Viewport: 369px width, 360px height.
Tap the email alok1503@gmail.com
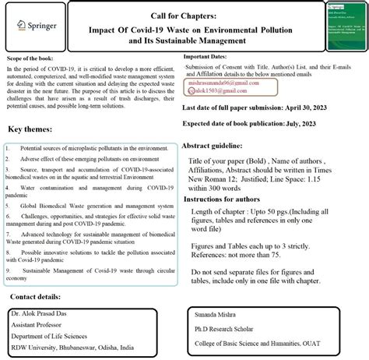pos(223,90)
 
